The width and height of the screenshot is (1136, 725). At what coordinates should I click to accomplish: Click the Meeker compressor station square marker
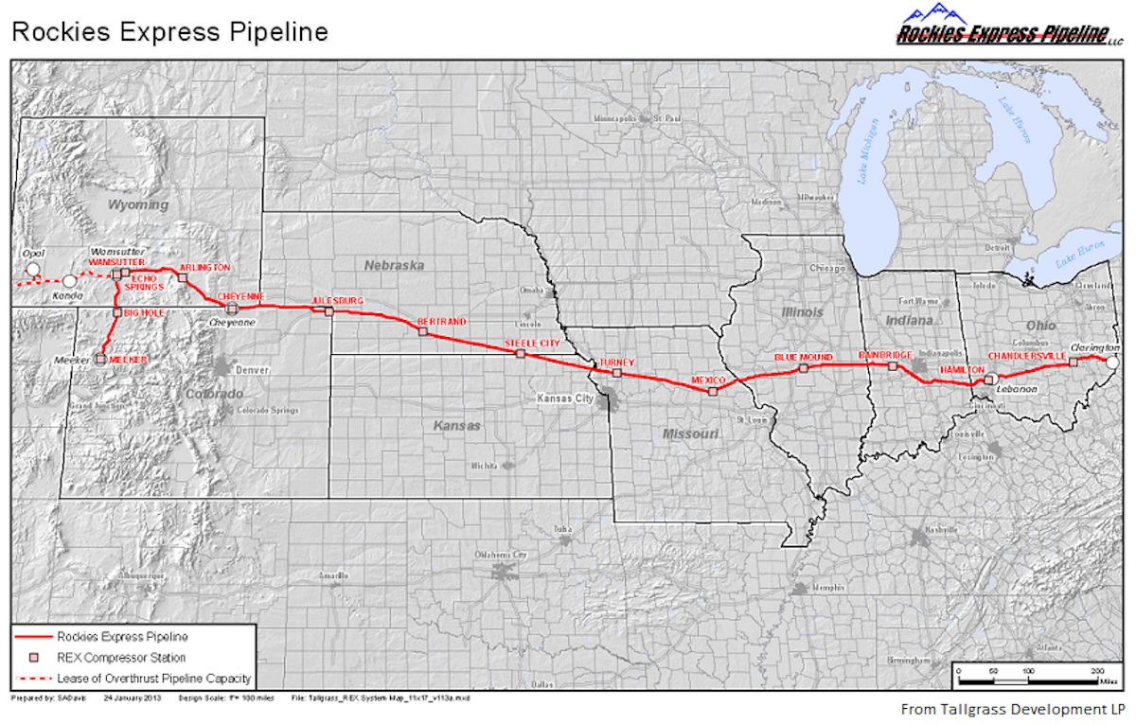point(100,359)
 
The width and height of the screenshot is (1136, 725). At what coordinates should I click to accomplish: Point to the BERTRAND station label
point(442,323)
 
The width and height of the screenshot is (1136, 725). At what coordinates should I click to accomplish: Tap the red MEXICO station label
point(708,380)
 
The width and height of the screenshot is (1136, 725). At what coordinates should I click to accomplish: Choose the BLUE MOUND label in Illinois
point(803,358)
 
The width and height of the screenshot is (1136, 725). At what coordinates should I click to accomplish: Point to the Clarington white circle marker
point(1113,362)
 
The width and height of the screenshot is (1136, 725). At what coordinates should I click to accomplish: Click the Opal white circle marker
point(33,270)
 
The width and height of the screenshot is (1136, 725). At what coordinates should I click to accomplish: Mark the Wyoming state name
point(138,204)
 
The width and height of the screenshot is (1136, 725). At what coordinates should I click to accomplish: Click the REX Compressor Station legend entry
point(121,657)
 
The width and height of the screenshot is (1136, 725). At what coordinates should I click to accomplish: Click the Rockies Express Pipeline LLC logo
point(1003,27)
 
